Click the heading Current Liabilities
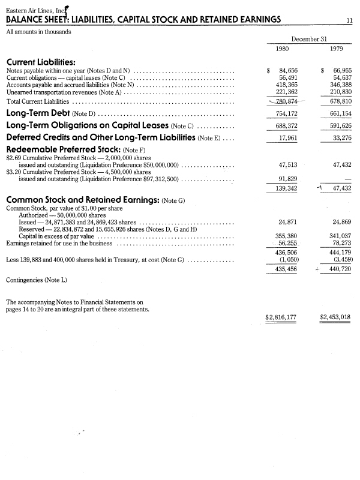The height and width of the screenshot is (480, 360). [40, 62]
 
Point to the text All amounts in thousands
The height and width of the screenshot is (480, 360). [38, 31]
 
